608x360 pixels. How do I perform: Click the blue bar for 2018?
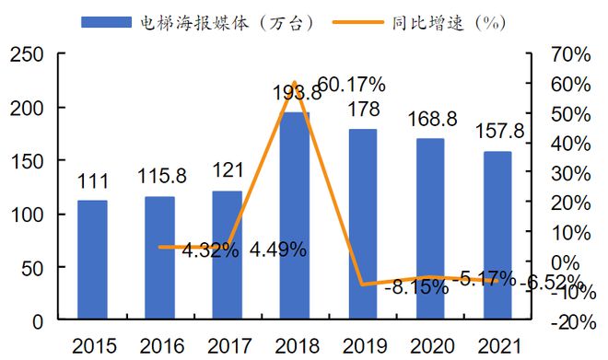295,216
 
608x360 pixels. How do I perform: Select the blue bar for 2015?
92,260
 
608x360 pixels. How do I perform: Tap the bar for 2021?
497,236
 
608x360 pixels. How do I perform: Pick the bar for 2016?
159,258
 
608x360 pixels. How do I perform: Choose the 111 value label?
92,179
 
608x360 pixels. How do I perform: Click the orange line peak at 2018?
295,83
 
